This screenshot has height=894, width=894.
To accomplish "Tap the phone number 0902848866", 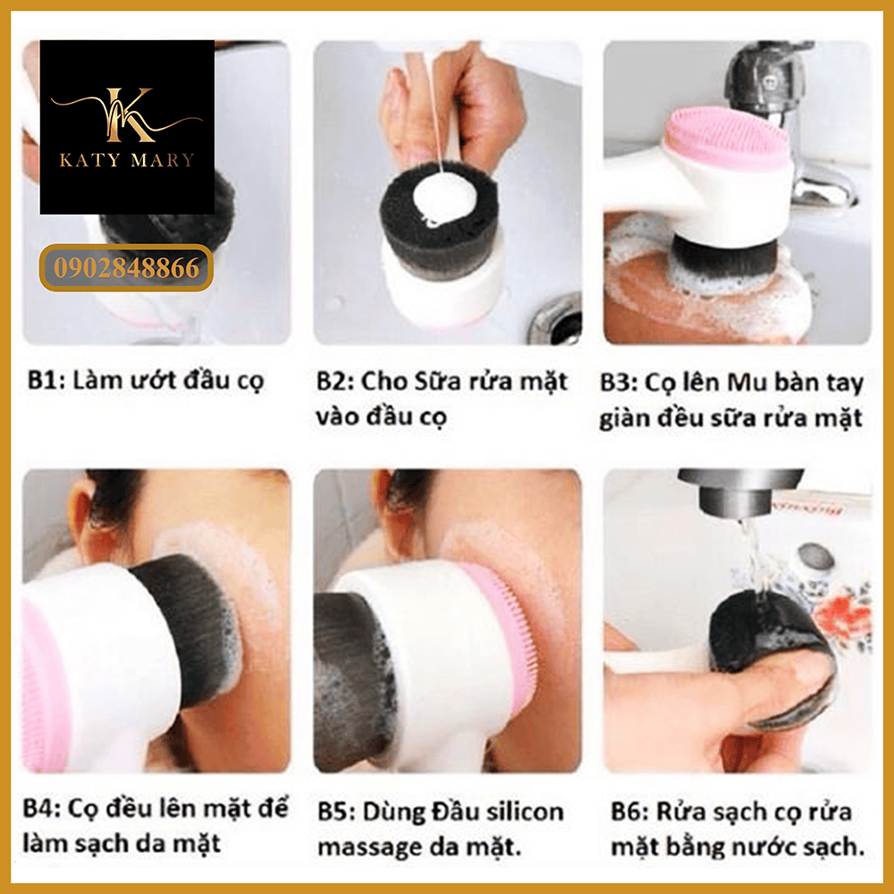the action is [x=127, y=268].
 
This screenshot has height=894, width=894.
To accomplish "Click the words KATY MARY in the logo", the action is [x=127, y=160].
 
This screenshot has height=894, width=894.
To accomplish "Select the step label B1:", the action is [x=46, y=380].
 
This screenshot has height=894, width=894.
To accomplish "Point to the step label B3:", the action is [x=619, y=383].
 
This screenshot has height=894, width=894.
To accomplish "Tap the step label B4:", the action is [x=42, y=808].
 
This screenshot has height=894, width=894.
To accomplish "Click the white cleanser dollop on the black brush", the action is [x=443, y=196].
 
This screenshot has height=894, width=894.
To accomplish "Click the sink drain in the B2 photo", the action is [x=555, y=322].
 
